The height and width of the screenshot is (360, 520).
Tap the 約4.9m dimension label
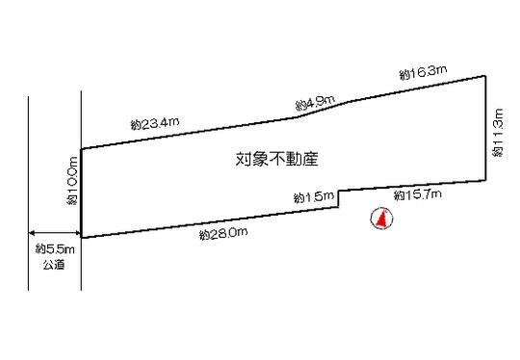point(315,100)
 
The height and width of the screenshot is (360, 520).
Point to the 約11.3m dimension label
point(497,133)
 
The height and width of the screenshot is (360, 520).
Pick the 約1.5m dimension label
point(313,197)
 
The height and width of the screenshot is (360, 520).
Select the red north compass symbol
point(379,220)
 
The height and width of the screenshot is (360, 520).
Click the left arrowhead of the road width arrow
point(33,232)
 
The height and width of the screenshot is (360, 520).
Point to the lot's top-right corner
point(484,76)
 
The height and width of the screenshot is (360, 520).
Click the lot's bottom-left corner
point(81,237)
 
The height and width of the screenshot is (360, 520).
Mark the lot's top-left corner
point(81,148)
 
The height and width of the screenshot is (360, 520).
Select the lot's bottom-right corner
point(484,180)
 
